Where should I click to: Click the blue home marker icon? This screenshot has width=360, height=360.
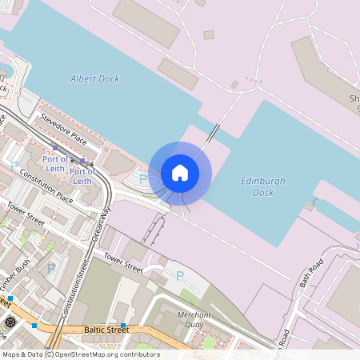[180, 172]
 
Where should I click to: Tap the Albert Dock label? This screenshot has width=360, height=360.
[94, 78]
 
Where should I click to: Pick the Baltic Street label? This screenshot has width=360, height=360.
[106, 330]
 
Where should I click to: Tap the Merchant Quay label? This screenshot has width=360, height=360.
[194, 320]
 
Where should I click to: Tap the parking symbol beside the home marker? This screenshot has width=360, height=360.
[143, 179]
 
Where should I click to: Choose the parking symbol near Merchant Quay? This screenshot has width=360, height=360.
[179, 276]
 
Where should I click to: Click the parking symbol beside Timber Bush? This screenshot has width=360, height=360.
[51, 268]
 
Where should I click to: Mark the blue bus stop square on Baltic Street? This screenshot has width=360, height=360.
[124, 325]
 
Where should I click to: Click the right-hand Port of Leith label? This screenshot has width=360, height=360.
[82, 176]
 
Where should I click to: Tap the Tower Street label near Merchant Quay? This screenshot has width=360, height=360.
[122, 265]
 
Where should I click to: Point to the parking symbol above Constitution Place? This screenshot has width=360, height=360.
[14, 165]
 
